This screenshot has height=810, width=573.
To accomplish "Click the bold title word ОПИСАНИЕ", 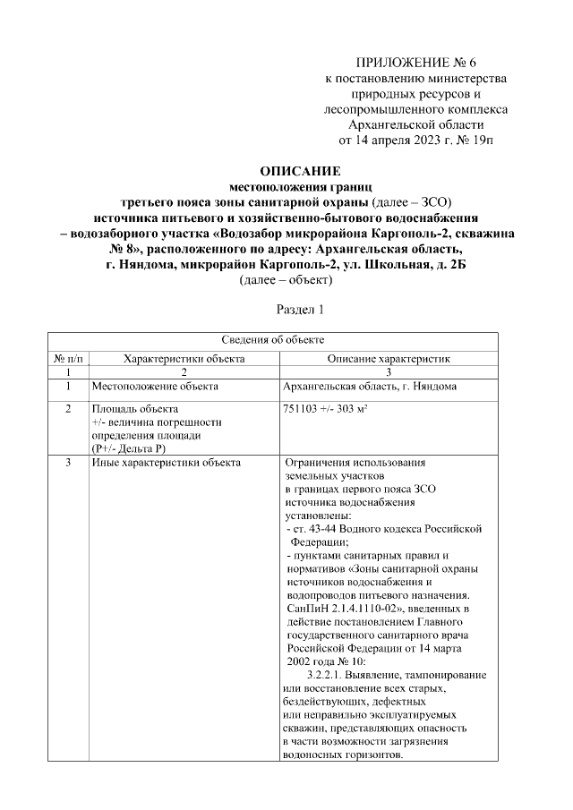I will click(x=287, y=170).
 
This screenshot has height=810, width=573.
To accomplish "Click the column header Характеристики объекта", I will click(x=184, y=358).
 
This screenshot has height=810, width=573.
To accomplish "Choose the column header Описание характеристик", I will click(x=388, y=358).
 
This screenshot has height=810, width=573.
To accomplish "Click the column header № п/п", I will click(x=68, y=358).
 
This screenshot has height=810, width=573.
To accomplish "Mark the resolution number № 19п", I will click(x=475, y=141).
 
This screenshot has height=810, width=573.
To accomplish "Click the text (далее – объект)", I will click(x=286, y=279).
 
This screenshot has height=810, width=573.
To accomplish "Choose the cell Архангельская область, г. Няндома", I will click(x=369, y=387).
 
